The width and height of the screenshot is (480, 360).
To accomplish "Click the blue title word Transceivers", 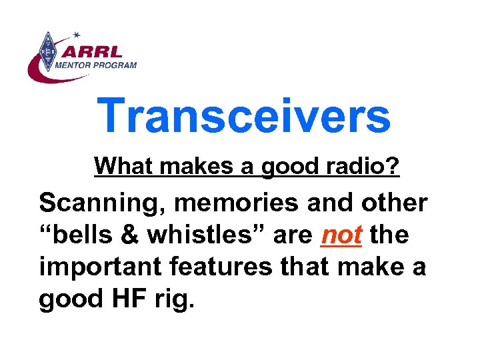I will point(243,115).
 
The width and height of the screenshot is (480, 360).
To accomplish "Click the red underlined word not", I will point(342,235).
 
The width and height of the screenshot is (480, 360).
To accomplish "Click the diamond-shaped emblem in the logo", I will point(47,51).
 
